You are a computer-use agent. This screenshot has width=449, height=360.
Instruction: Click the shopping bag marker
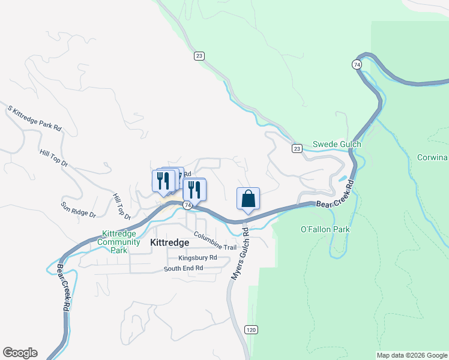249,199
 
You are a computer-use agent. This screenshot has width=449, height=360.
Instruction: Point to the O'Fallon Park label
324,229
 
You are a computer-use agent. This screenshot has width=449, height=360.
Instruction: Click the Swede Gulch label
337,145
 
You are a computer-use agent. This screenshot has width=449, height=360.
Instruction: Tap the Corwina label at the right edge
433,158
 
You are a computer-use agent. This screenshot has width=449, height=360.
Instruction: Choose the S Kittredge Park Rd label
35,118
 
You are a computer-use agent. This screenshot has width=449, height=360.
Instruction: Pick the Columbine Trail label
215,244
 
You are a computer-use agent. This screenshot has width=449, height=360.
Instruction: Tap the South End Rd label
183,268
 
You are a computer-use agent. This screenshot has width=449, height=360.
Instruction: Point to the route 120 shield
252,329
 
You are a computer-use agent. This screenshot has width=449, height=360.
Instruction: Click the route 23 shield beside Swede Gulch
297,148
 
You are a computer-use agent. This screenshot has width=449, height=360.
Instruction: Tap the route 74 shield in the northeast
357,64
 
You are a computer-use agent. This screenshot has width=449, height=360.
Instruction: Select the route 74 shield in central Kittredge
188,205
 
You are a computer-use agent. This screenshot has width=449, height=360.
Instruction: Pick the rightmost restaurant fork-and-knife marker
194,190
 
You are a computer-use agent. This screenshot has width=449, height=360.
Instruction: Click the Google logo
20,353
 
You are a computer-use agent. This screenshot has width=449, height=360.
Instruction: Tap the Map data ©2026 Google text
412,355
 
